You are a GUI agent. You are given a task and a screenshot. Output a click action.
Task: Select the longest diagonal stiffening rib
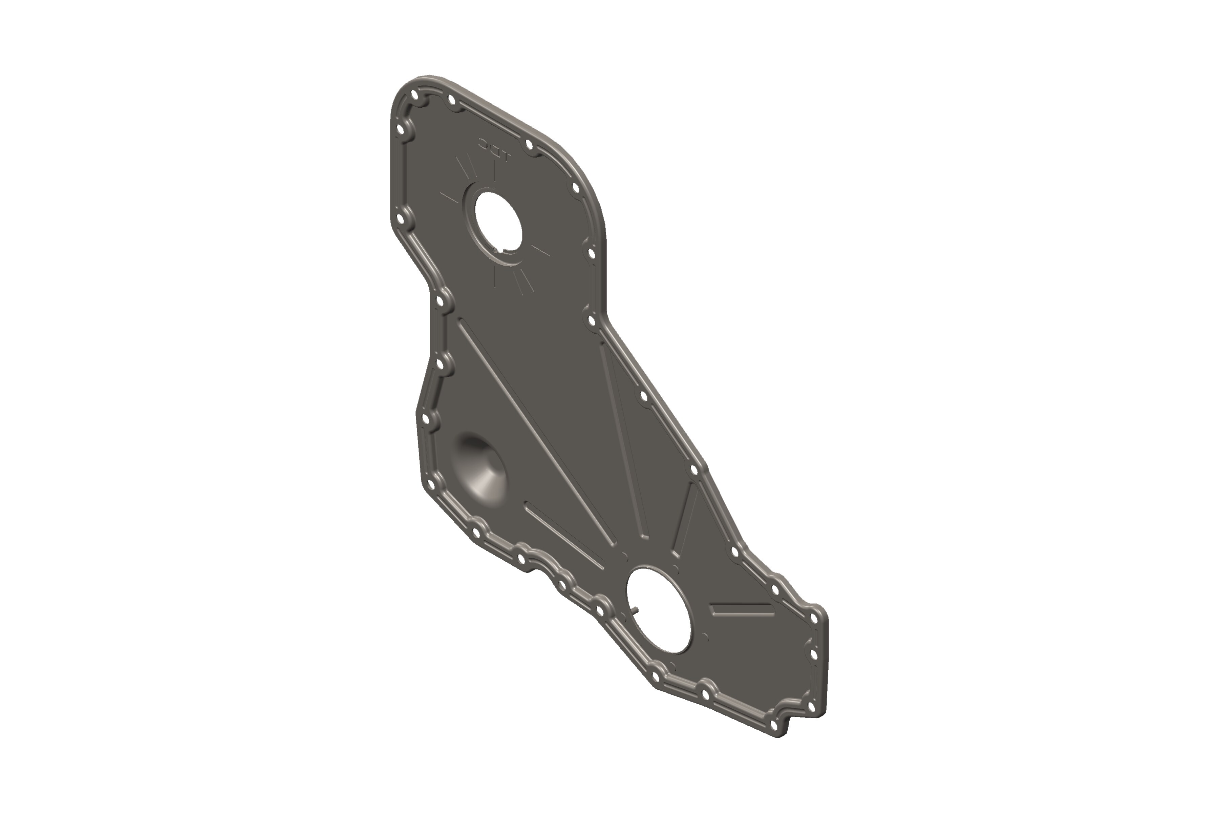tap(536, 433)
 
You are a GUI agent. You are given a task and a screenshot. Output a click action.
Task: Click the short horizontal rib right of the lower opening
tap(741, 610)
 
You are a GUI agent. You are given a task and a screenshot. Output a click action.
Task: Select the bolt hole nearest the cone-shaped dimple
tap(431, 485)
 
